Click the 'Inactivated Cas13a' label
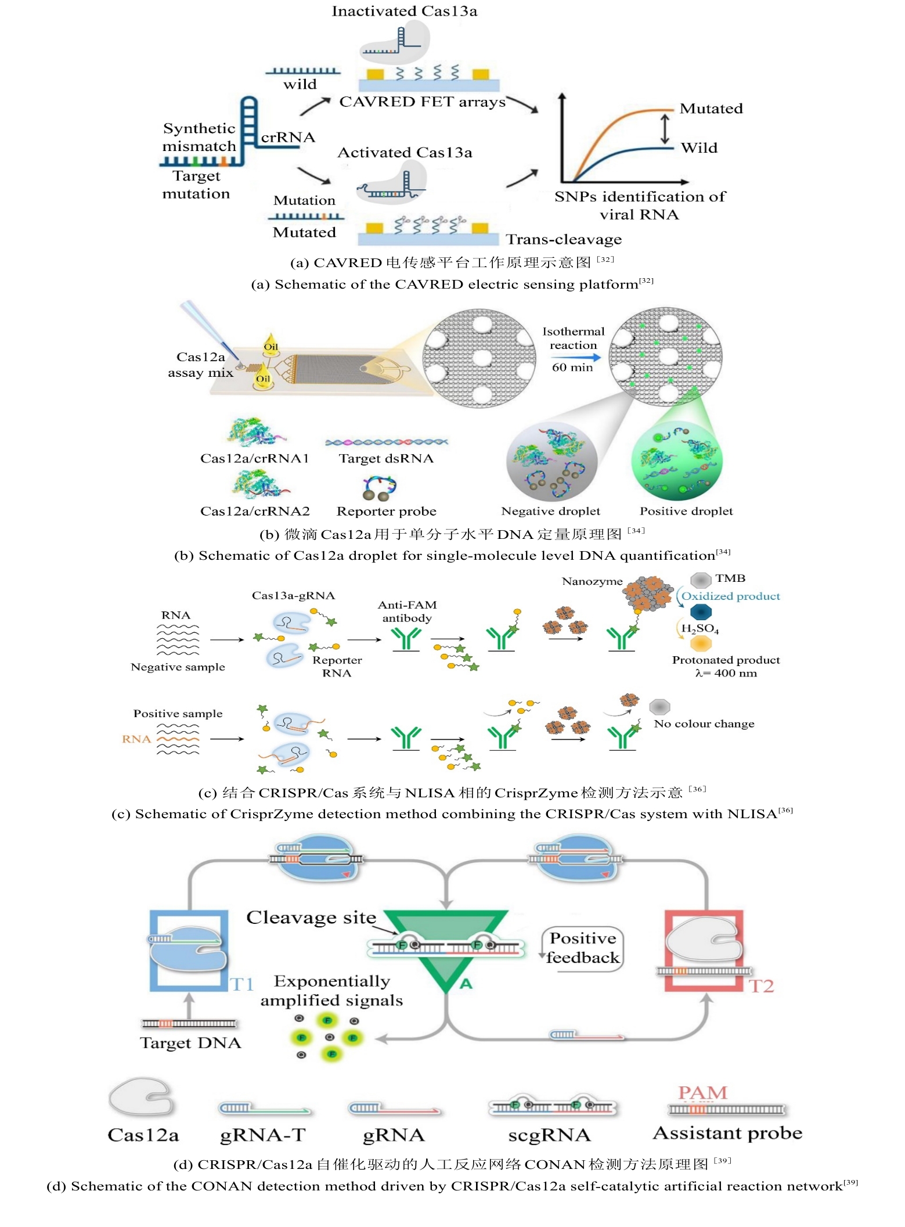point(404,11)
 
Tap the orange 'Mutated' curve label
point(711,109)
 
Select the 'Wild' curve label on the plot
point(699,147)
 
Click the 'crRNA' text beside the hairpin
point(287,138)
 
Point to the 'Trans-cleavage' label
point(563,239)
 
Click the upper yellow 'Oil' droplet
point(271,344)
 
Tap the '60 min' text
point(572,367)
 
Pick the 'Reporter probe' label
point(386,511)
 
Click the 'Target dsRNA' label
point(386,458)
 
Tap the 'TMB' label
point(730,578)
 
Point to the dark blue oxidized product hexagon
point(701,611)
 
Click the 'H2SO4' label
point(700,628)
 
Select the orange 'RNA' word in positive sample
point(136,739)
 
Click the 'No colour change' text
point(704,724)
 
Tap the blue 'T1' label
point(241,984)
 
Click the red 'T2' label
point(760,985)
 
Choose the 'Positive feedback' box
point(583,948)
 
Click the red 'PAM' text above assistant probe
point(702,1093)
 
